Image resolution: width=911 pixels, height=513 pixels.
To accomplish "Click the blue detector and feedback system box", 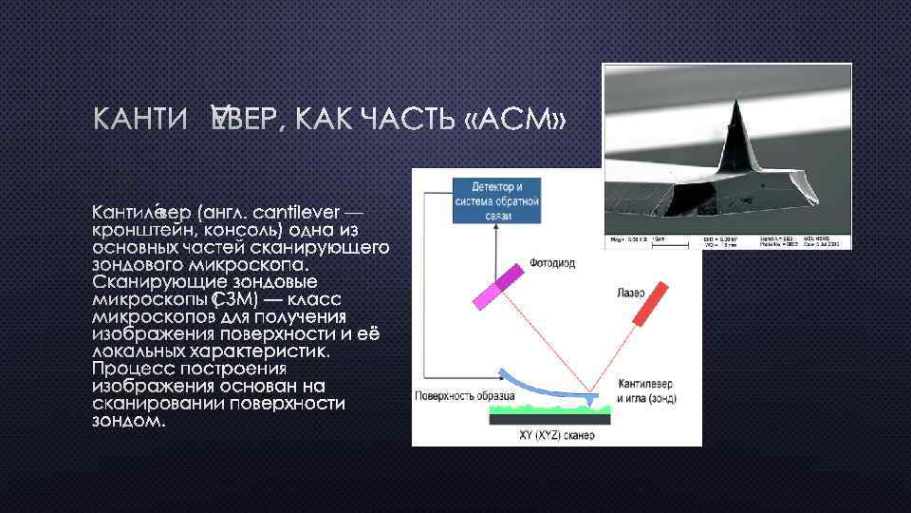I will click(x=498, y=199).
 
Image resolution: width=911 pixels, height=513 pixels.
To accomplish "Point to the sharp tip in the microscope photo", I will click(x=735, y=105).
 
